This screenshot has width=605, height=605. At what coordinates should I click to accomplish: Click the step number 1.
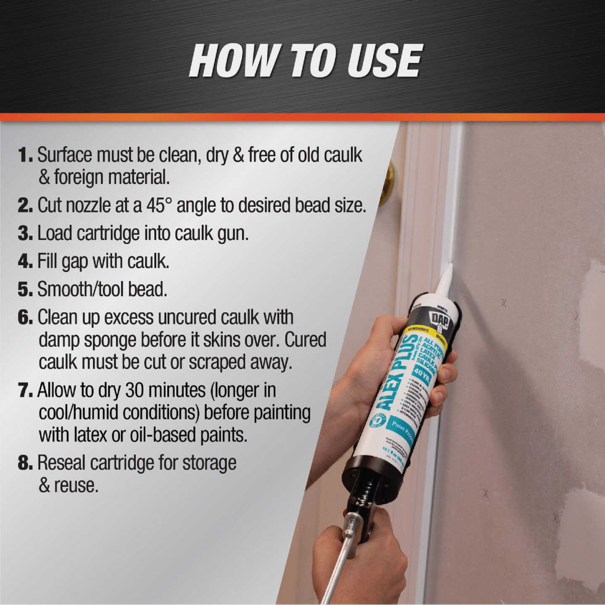click(24, 155)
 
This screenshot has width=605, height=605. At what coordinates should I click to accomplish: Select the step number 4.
click(24, 261)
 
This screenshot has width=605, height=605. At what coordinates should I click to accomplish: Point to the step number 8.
click(24, 463)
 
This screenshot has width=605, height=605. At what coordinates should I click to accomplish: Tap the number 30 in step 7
click(135, 390)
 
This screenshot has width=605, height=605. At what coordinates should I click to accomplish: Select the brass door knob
click(387, 182)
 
